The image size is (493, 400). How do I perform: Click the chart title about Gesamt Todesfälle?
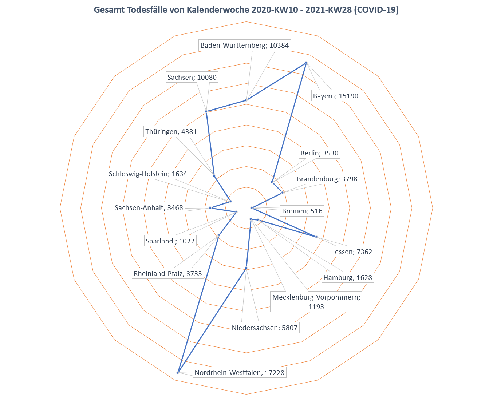point(246,10)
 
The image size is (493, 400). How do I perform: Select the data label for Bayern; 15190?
point(336,96)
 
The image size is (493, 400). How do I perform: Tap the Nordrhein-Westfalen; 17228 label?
point(239,372)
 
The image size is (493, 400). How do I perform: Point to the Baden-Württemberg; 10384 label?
point(244,45)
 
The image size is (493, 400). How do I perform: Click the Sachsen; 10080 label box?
point(192,77)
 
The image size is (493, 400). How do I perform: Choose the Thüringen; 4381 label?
point(171,131)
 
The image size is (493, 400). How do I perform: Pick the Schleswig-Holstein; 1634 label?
point(148,174)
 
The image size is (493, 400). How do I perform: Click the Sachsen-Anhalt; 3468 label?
point(149,207)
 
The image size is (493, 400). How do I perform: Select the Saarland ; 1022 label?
point(170,241)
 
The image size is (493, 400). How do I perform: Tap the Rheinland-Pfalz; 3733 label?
point(167,273)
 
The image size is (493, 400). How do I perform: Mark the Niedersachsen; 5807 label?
point(265,328)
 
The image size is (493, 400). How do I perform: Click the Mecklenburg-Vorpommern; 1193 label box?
point(316,302)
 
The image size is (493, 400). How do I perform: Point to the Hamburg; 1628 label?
point(348,277)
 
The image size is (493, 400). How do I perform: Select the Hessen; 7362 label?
point(351,252)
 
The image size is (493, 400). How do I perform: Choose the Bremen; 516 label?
point(302,211)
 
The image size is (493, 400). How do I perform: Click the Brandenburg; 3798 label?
point(327,179)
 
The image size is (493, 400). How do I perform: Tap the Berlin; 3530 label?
point(319,153)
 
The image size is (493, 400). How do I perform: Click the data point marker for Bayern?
point(306,63)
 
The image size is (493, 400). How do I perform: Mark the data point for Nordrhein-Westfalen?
point(178,372)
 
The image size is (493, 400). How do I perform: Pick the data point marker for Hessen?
point(316,237)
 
